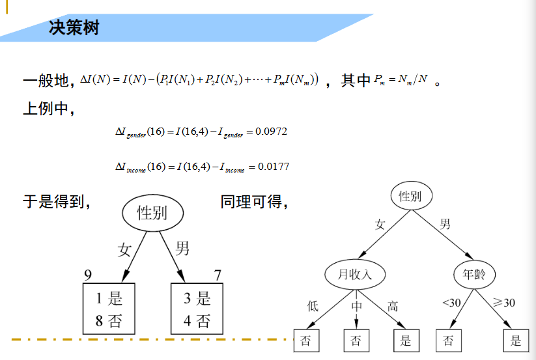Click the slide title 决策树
[74, 28]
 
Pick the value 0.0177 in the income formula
[274, 167]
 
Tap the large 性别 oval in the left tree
[152, 213]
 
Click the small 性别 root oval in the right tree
[411, 196]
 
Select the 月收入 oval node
[356, 274]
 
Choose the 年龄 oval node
[474, 274]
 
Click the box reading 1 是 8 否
[109, 310]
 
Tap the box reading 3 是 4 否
[197, 310]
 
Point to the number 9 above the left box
[88, 275]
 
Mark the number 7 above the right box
[218, 275]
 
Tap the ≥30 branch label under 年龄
[504, 303]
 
